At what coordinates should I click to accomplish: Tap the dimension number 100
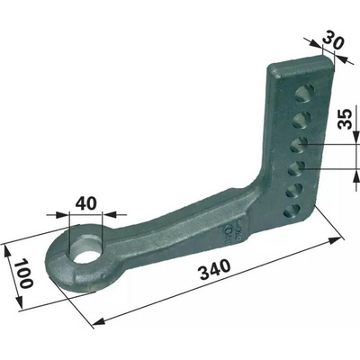click(x=25, y=274)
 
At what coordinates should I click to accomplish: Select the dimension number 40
click(x=86, y=203)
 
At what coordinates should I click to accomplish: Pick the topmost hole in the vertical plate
click(x=304, y=93)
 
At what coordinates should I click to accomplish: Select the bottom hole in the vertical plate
click(x=292, y=212)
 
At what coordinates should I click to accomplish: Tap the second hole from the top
click(x=301, y=119)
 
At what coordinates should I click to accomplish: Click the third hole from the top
click(x=300, y=144)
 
